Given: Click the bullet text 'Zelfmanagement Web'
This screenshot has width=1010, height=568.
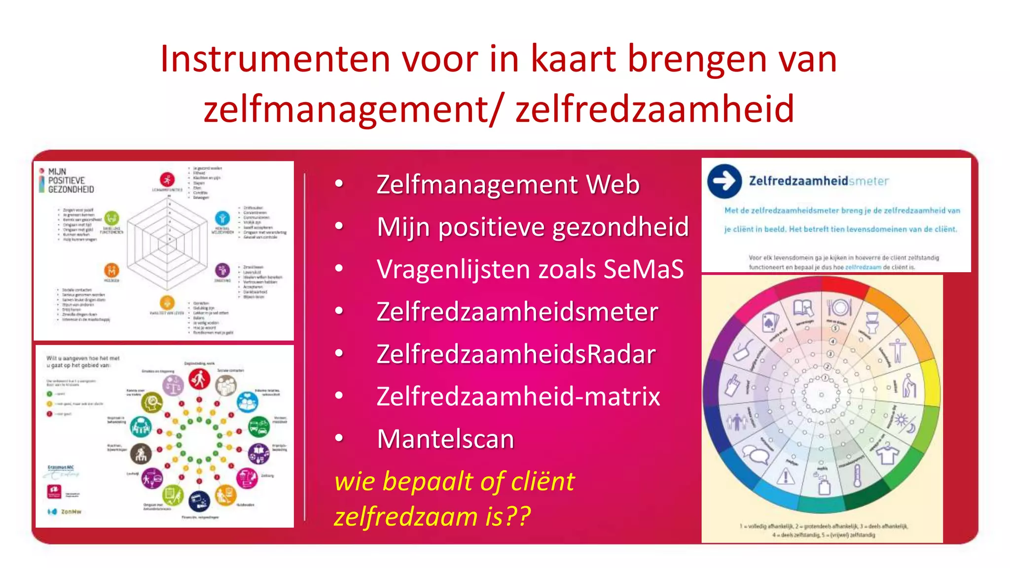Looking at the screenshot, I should (x=507, y=184).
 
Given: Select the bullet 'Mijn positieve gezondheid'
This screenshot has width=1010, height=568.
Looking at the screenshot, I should (x=532, y=227).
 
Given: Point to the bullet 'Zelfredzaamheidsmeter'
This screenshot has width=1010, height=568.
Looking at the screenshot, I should (x=517, y=312).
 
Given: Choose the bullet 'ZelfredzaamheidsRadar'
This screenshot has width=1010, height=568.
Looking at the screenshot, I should (x=516, y=354).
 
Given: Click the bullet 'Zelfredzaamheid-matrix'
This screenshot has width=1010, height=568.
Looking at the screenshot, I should (x=518, y=396).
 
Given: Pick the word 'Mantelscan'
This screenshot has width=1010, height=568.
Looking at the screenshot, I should (x=445, y=439).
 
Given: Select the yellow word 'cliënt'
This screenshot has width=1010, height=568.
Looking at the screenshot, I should (x=542, y=481).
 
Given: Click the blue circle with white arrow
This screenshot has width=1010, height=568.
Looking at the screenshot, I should (x=724, y=181).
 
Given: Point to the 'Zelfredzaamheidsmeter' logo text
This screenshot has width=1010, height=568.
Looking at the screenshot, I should (x=819, y=181).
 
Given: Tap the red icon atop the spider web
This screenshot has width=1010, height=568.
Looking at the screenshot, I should (x=167, y=179).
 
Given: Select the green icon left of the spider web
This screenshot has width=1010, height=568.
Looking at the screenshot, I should (x=112, y=217).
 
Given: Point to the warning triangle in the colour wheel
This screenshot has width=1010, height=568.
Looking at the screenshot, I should (x=785, y=476).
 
